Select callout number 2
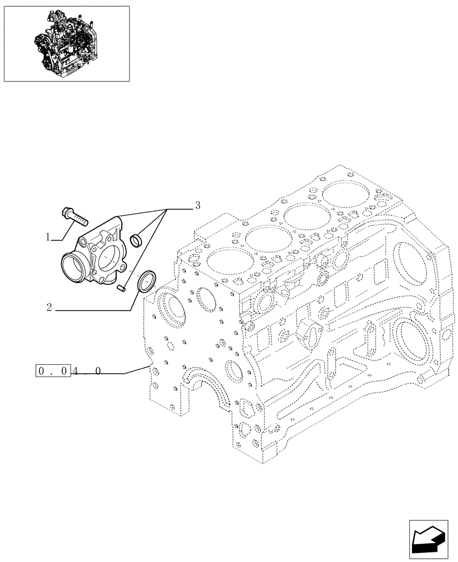[49, 307]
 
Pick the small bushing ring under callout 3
[136, 241]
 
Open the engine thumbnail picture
[66, 43]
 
